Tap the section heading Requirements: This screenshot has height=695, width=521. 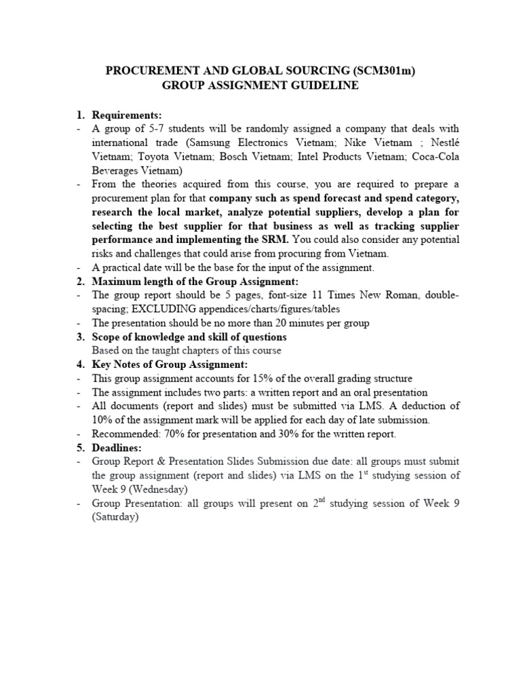pos(127,115)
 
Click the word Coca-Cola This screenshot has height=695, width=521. pos(435,157)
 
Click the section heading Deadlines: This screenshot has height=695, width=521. pos(117,447)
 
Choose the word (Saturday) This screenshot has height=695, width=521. pos(115,517)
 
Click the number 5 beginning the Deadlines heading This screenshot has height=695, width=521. pos(79,447)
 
